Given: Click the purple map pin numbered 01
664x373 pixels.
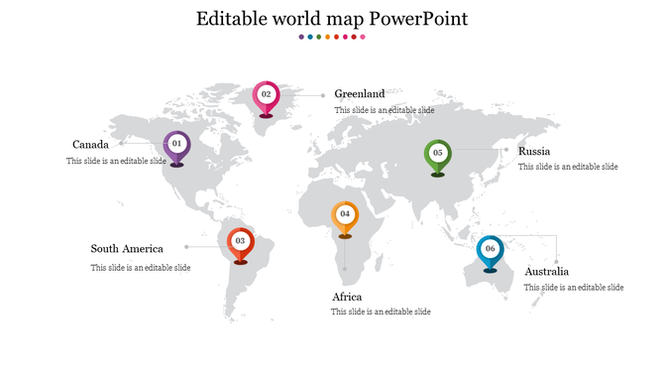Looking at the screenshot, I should point(176,145).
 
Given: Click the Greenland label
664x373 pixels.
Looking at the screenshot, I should point(359,94).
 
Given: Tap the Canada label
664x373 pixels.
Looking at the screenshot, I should point(90,145).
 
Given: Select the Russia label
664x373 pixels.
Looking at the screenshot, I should point(534,152).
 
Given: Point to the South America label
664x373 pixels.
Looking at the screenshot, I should point(127,249).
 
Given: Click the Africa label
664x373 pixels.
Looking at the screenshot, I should point(347,297).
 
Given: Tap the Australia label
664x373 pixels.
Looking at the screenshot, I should point(547,272).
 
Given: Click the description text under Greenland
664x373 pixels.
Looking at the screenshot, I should point(384,110).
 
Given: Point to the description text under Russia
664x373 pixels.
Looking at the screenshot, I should point(568,167).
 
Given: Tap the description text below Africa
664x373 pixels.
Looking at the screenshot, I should point(381,312).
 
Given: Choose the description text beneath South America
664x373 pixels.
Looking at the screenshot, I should point(141,268).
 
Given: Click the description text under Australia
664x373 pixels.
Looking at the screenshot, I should point(574,288).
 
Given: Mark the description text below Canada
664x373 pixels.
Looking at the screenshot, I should point(116,161).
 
